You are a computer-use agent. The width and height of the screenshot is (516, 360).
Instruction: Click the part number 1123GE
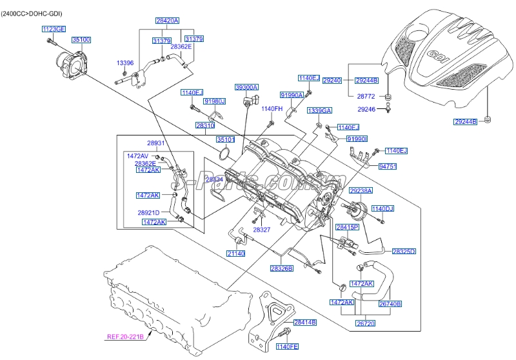click(x=54, y=29)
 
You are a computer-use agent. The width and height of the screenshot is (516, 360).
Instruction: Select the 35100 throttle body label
click(x=81, y=40)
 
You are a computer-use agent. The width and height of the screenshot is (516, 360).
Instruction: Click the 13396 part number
click(x=124, y=63)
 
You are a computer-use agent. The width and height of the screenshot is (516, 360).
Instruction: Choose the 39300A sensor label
click(x=246, y=86)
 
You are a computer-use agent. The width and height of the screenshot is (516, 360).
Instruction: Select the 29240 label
click(x=332, y=80)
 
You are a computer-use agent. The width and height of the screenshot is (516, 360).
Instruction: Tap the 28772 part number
click(x=366, y=95)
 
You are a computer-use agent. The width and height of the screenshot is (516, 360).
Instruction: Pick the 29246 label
click(x=366, y=110)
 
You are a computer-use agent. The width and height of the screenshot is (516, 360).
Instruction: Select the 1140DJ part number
click(x=382, y=208)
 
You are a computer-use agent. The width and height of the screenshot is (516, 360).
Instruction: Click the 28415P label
click(x=347, y=227)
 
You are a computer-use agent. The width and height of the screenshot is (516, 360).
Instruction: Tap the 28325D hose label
click(x=404, y=251)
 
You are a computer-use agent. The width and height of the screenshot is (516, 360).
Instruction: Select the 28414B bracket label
click(x=304, y=322)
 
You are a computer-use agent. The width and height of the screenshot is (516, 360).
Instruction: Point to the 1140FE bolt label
click(x=288, y=347)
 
